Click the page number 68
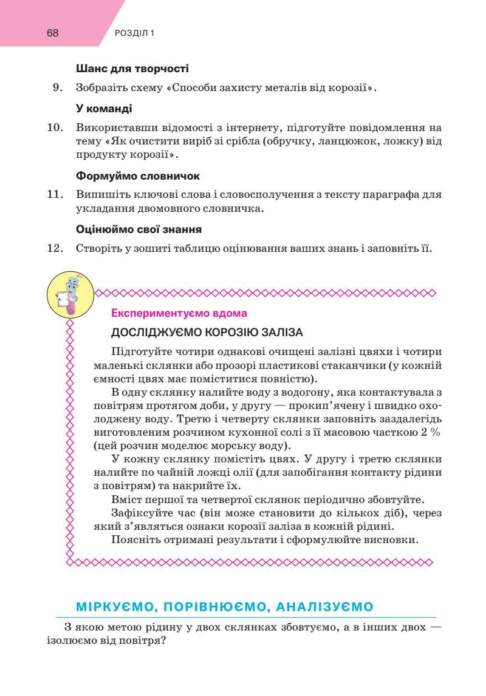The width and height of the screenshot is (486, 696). [52, 33]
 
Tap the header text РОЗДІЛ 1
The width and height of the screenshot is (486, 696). [134, 33]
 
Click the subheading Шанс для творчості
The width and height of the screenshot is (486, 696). [132, 69]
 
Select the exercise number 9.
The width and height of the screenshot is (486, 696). [58, 87]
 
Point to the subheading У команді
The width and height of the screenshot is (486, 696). [104, 109]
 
